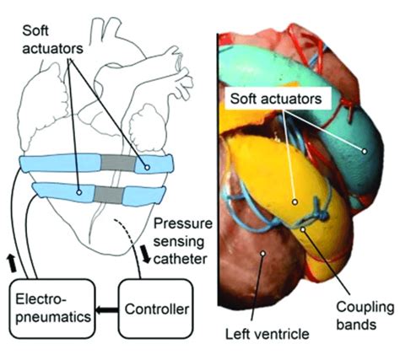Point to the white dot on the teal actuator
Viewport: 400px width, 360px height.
coord(365,152)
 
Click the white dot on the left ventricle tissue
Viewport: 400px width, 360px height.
coord(263,252)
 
